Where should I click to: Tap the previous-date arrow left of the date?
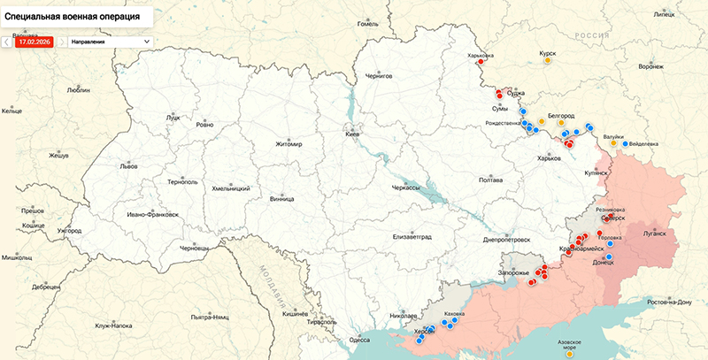pyautogui.click(x=7, y=41)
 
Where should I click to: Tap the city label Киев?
pyautogui.click(x=351, y=134)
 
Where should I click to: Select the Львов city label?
pyautogui.click(x=128, y=166)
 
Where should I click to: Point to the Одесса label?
pyautogui.click(x=359, y=339)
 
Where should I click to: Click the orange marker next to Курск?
pyautogui.click(x=548, y=62)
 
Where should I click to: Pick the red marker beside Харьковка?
pyautogui.click(x=481, y=63)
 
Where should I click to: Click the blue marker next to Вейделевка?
pyautogui.click(x=624, y=143)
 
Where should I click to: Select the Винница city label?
pyautogui.click(x=282, y=199)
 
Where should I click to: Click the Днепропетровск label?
pyautogui.click(x=507, y=240)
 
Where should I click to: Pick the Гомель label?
pyautogui.click(x=367, y=24)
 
